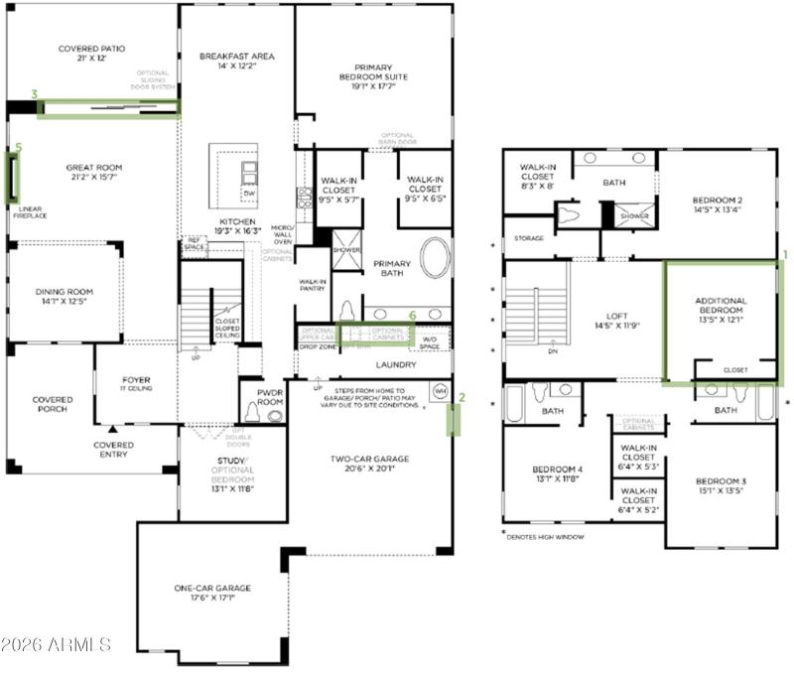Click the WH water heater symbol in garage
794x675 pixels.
[440, 392]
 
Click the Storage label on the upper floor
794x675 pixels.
[528, 238]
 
